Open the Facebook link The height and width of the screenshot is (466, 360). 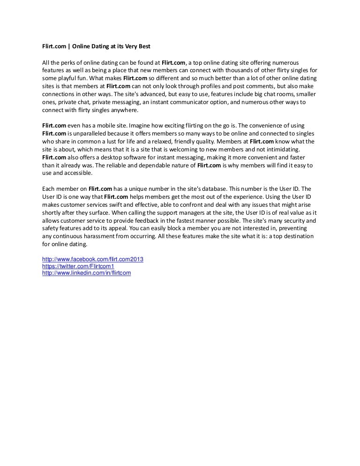click(93, 259)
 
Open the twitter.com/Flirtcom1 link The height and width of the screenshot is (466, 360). click(78, 266)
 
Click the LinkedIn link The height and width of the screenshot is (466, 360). click(86, 272)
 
